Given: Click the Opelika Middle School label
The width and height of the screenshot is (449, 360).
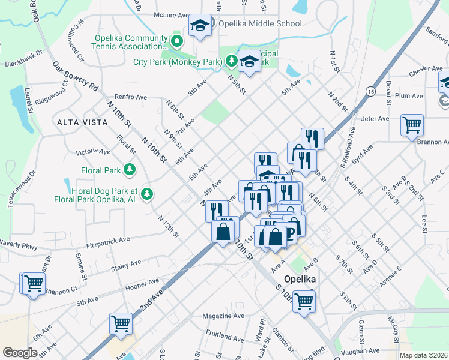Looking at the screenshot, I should [x=259, y=24].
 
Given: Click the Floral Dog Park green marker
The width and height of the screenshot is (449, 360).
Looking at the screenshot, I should [x=146, y=193].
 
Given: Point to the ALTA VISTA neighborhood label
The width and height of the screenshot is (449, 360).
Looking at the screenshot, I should [x=82, y=122].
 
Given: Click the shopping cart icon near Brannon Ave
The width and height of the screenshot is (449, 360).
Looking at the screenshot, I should [x=412, y=126].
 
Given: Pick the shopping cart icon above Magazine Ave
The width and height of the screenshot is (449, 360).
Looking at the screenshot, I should [x=121, y=323].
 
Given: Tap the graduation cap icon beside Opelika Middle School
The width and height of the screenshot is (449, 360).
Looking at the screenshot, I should [x=200, y=25].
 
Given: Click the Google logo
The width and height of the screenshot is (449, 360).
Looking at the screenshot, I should [x=20, y=352].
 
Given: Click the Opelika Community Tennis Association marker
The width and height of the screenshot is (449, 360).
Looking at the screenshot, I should [x=176, y=42].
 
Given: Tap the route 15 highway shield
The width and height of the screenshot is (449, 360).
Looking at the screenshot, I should [x=371, y=91].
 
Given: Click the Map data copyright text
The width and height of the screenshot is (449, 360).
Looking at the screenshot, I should [x=423, y=355].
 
